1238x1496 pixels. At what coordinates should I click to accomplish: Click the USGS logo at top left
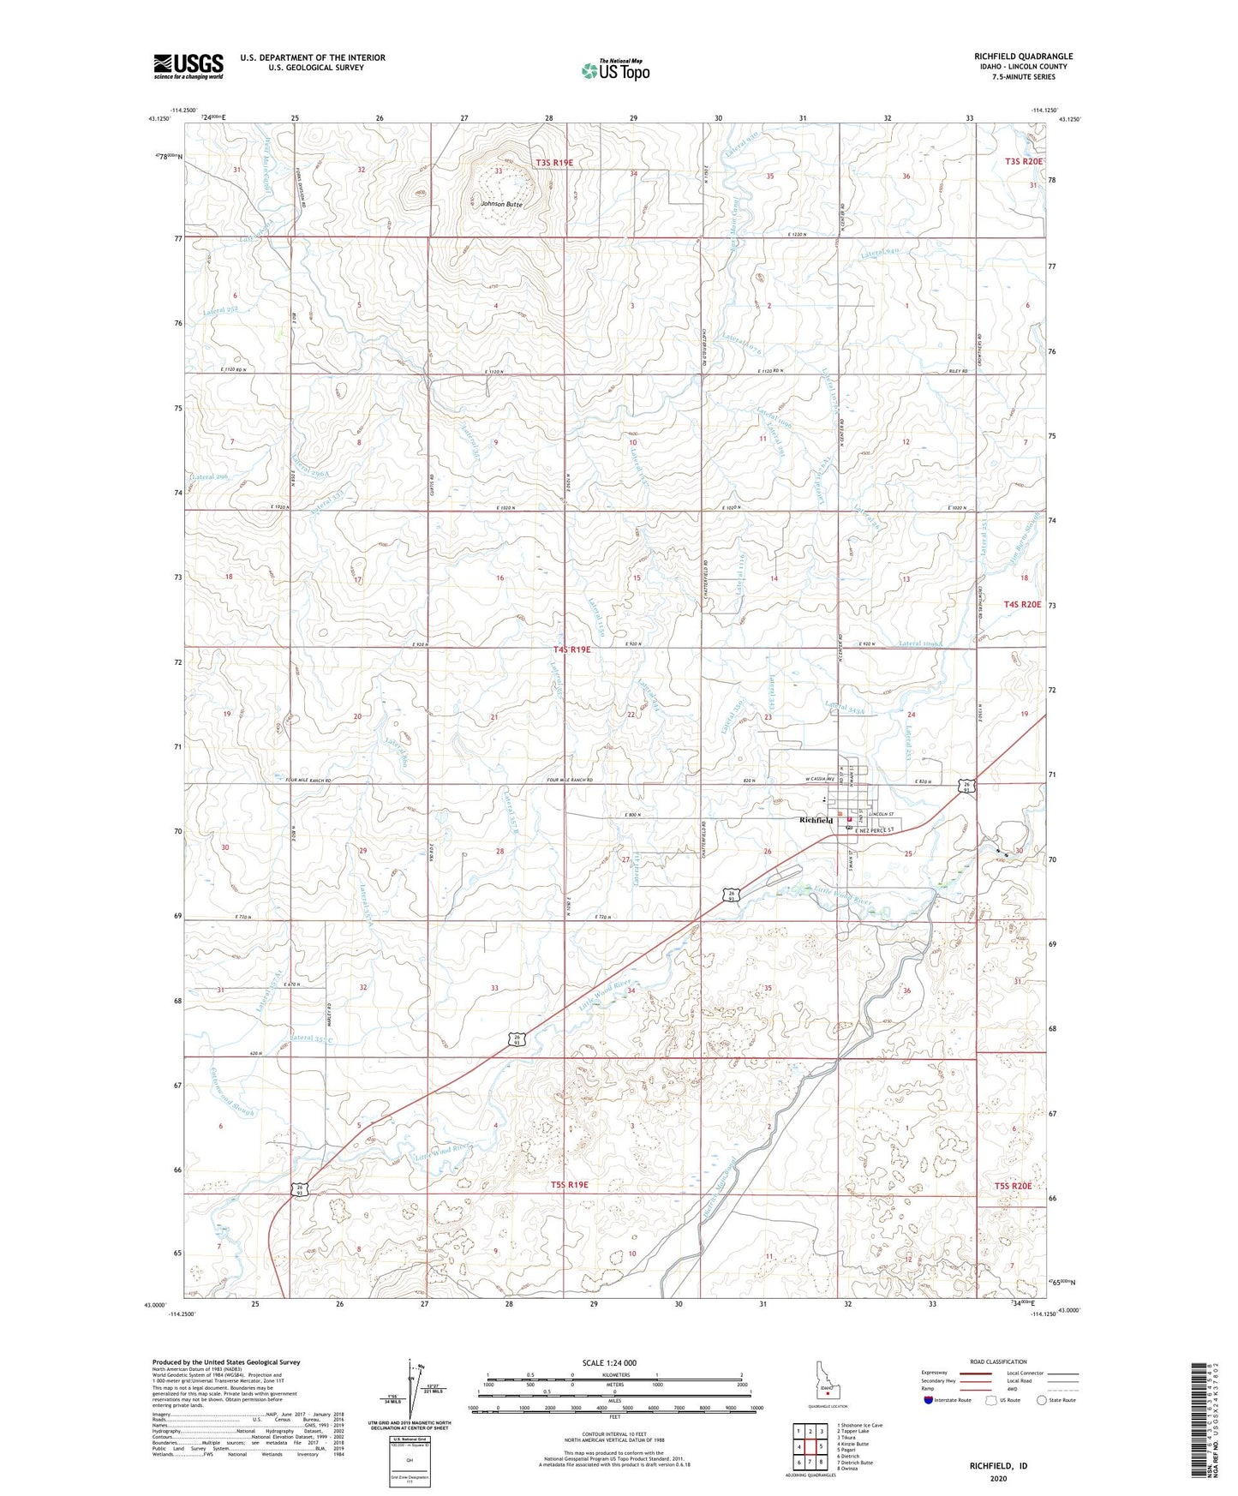(188, 66)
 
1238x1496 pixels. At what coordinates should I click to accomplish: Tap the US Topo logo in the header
(615, 70)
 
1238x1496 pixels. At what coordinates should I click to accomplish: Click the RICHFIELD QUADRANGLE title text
(1023, 57)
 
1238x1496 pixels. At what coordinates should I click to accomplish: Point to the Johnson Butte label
(501, 204)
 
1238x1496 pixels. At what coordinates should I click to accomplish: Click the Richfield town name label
(815, 820)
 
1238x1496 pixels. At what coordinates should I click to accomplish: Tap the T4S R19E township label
(572, 649)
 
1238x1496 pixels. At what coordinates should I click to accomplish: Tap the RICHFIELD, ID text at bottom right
(998, 1466)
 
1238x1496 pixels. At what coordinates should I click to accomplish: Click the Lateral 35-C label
(312, 1038)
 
